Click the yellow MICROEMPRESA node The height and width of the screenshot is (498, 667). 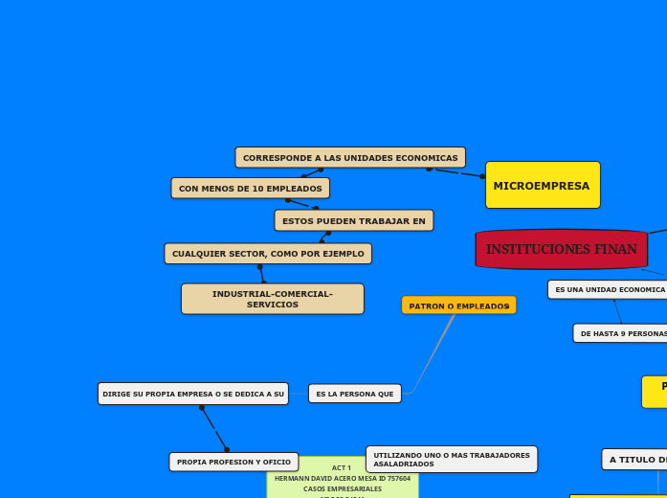pos(543,185)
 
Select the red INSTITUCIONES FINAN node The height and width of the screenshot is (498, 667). pos(561,249)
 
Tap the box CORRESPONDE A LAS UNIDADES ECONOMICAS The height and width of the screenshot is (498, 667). pos(350,157)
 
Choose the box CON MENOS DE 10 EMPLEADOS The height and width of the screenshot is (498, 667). pos(250,189)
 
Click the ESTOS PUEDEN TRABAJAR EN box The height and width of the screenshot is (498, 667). pos(353,221)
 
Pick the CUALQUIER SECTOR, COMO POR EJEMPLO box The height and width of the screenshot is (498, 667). pos(268,254)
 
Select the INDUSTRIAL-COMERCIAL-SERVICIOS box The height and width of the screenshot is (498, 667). pos(273,299)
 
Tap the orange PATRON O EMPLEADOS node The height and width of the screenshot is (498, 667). pos(458,306)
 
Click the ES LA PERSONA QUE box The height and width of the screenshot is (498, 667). pos(354,394)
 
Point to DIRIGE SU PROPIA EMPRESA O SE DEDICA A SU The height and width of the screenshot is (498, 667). pos(192,394)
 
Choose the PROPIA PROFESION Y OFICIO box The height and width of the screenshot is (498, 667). pos(233,462)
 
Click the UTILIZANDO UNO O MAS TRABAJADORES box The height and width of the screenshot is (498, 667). pos(451,459)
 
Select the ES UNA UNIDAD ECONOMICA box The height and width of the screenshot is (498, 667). pos(609,289)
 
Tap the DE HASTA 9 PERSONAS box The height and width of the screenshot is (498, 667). pos(621,333)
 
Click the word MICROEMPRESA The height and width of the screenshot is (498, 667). pos(542,186)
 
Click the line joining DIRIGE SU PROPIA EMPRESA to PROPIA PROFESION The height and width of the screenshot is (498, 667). pos(214,428)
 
